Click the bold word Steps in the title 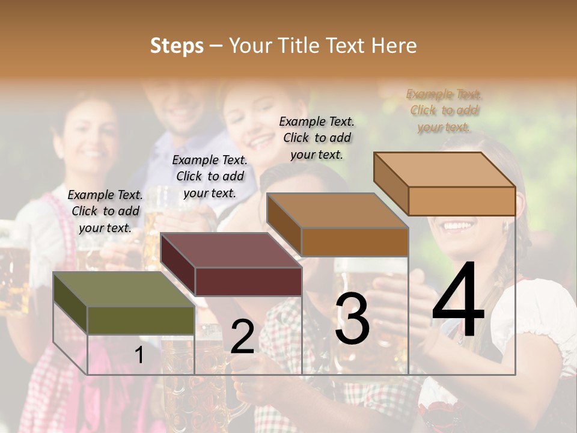pos(176,46)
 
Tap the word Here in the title pos(394,46)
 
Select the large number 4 pos(458,301)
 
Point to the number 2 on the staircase pos(242,337)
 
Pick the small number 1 pos(139,355)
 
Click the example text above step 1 pos(105,211)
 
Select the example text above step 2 pos(210,176)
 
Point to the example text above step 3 pos(317,138)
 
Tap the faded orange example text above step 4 pos(445,111)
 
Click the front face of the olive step pos(141,321)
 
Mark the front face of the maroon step pos(248,281)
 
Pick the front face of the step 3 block pos(355,242)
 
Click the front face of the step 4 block pos(462,201)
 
